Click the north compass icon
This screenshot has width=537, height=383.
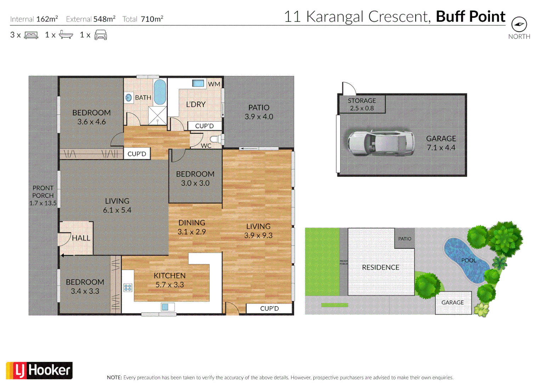[x=519, y=24]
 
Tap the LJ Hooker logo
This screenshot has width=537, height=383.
[x=39, y=371]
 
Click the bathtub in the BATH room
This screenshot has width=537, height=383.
[x=160, y=92]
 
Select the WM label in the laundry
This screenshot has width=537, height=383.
[x=214, y=84]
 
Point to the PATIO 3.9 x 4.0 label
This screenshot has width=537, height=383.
[x=259, y=112]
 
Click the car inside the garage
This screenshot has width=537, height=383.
[x=381, y=143]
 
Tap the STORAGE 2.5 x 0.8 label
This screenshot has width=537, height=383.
[x=362, y=104]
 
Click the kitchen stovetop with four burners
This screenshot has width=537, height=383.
[x=128, y=288]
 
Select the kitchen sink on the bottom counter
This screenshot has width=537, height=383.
[x=165, y=307]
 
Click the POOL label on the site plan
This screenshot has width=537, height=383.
[x=468, y=260]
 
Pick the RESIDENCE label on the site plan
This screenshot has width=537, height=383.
[x=380, y=267]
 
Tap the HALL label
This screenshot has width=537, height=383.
[x=81, y=238]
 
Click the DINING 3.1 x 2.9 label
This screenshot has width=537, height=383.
[x=192, y=227]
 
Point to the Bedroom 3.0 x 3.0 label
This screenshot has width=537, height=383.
[x=195, y=178]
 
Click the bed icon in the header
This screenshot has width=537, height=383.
[x=31, y=35]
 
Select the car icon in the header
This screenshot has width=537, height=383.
[x=101, y=35]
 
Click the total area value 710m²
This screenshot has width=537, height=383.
[x=152, y=19]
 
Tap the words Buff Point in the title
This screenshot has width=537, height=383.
[x=470, y=17]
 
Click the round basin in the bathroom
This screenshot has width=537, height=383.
[x=129, y=98]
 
